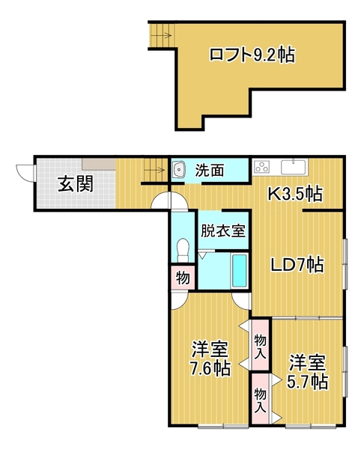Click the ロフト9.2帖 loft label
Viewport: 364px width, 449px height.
(251, 54)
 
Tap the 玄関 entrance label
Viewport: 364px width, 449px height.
(76, 183)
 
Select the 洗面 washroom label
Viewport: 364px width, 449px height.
(210, 171)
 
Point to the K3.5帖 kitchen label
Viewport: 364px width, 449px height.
(296, 195)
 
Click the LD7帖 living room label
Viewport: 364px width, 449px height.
(297, 264)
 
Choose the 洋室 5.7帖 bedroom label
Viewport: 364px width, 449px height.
(308, 372)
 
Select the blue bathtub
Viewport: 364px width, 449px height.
(240, 271)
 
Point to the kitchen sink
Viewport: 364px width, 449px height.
(293, 166)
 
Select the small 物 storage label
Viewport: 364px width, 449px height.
(182, 278)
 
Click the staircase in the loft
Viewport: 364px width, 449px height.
(161, 34)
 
